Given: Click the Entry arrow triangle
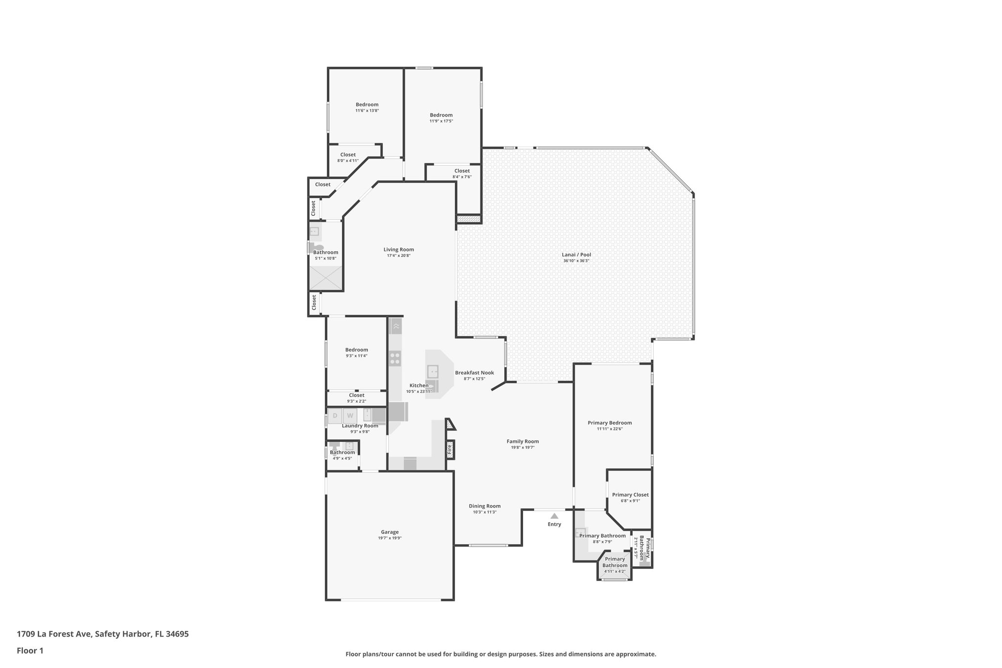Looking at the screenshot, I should point(554,516).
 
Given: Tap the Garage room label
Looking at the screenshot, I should point(390,532).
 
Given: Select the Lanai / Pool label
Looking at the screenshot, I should point(576,254).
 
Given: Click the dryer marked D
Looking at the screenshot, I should point(335,416).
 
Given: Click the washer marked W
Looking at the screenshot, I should point(350,416).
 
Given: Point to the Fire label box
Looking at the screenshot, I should point(450,449).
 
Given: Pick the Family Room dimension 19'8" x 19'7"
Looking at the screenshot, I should point(523,447).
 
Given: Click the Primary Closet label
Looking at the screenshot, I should point(630,495).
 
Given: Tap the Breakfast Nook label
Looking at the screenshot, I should point(474,372).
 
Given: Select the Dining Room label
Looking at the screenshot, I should point(484,506).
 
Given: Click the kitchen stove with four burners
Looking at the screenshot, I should point(395,359).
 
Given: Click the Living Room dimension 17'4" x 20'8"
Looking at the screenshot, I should point(399,255).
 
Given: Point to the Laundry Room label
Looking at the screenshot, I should point(360,426).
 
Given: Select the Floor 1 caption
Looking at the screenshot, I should point(30,651).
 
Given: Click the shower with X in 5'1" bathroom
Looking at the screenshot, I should point(325,278).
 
